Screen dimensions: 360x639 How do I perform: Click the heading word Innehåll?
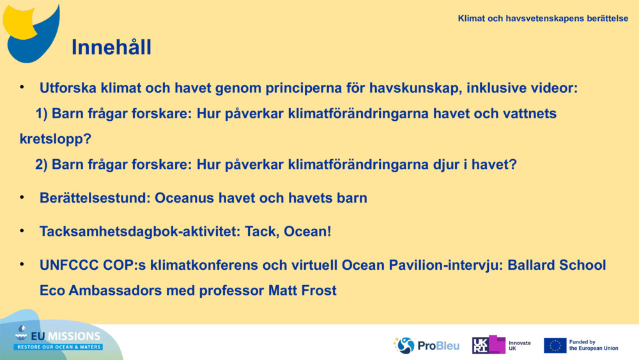tap(111, 47)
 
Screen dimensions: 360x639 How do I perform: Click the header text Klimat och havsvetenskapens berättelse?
tap(543, 19)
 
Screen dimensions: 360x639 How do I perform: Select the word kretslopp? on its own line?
tap(56, 139)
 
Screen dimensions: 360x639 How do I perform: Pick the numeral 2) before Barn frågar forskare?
tap(42, 164)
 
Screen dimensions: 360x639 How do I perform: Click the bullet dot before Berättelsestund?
tap(22, 197)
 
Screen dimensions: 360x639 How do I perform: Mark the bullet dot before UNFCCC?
tap(22, 263)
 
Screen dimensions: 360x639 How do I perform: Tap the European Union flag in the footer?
tap(555, 345)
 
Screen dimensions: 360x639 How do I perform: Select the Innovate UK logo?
tap(502, 345)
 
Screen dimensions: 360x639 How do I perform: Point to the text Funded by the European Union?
tap(593, 345)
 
